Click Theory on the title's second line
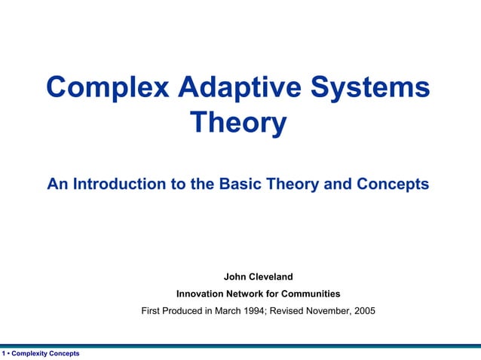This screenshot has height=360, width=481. click(x=239, y=123)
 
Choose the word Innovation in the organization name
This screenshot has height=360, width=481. click(x=201, y=294)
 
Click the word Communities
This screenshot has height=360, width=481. click(x=313, y=294)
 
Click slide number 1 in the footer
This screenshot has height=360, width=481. click(x=4, y=353)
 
